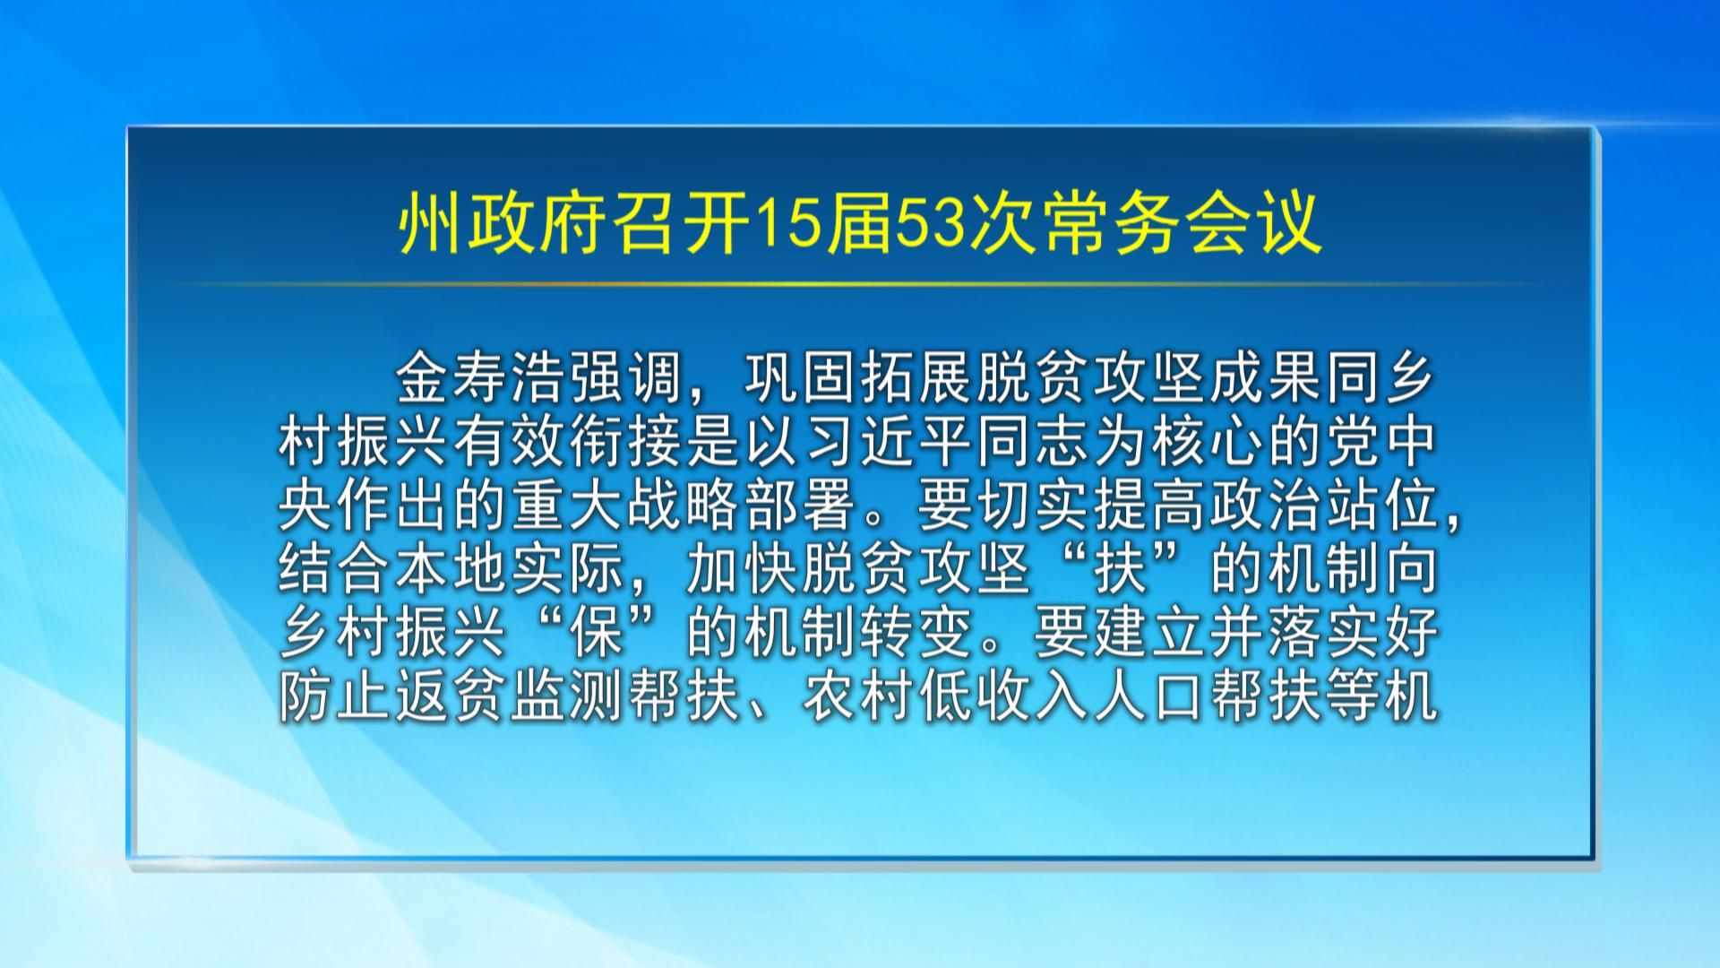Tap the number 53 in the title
pos(929,226)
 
